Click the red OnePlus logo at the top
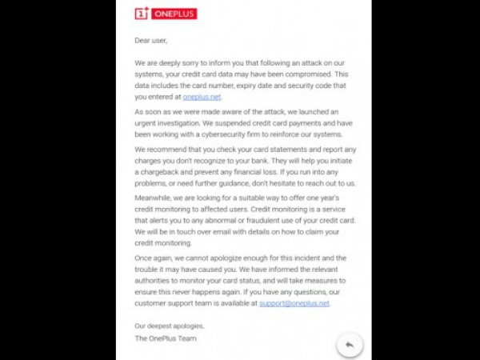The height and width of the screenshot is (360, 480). click(166, 13)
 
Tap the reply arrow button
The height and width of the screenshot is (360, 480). click(349, 344)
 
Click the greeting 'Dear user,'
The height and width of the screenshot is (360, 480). click(150, 39)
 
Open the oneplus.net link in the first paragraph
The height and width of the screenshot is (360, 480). click(202, 97)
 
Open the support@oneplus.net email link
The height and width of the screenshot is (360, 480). click(294, 303)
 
